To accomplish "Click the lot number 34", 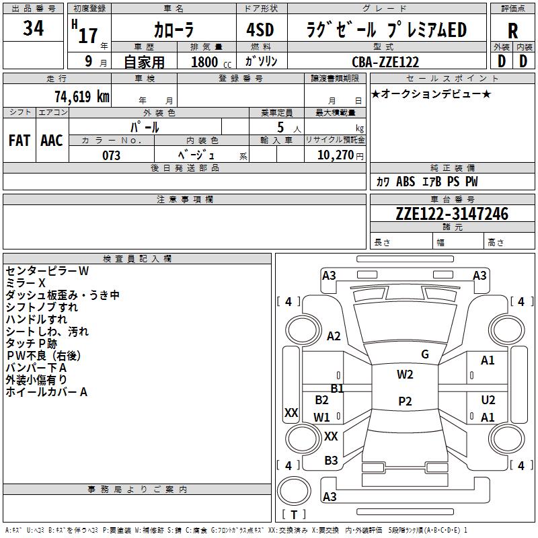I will (34, 28).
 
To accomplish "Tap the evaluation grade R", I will (513, 30).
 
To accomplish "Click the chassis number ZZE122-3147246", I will (452, 214).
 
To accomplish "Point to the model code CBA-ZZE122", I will (385, 62).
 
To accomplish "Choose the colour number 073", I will (111, 155).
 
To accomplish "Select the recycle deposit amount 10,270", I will (334, 155).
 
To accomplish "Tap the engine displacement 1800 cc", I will (209, 62).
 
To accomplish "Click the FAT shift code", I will (20, 141).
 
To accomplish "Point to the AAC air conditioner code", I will (52, 141).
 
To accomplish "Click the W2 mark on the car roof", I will (405, 375).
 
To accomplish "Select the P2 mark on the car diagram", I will (405, 401).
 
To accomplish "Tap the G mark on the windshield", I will (424, 354).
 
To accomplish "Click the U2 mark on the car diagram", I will (488, 400).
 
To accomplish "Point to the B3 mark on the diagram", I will (331, 461).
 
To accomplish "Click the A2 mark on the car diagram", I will (334, 336).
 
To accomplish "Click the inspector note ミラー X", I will (26, 283).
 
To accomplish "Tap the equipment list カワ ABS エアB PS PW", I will (427, 182).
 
